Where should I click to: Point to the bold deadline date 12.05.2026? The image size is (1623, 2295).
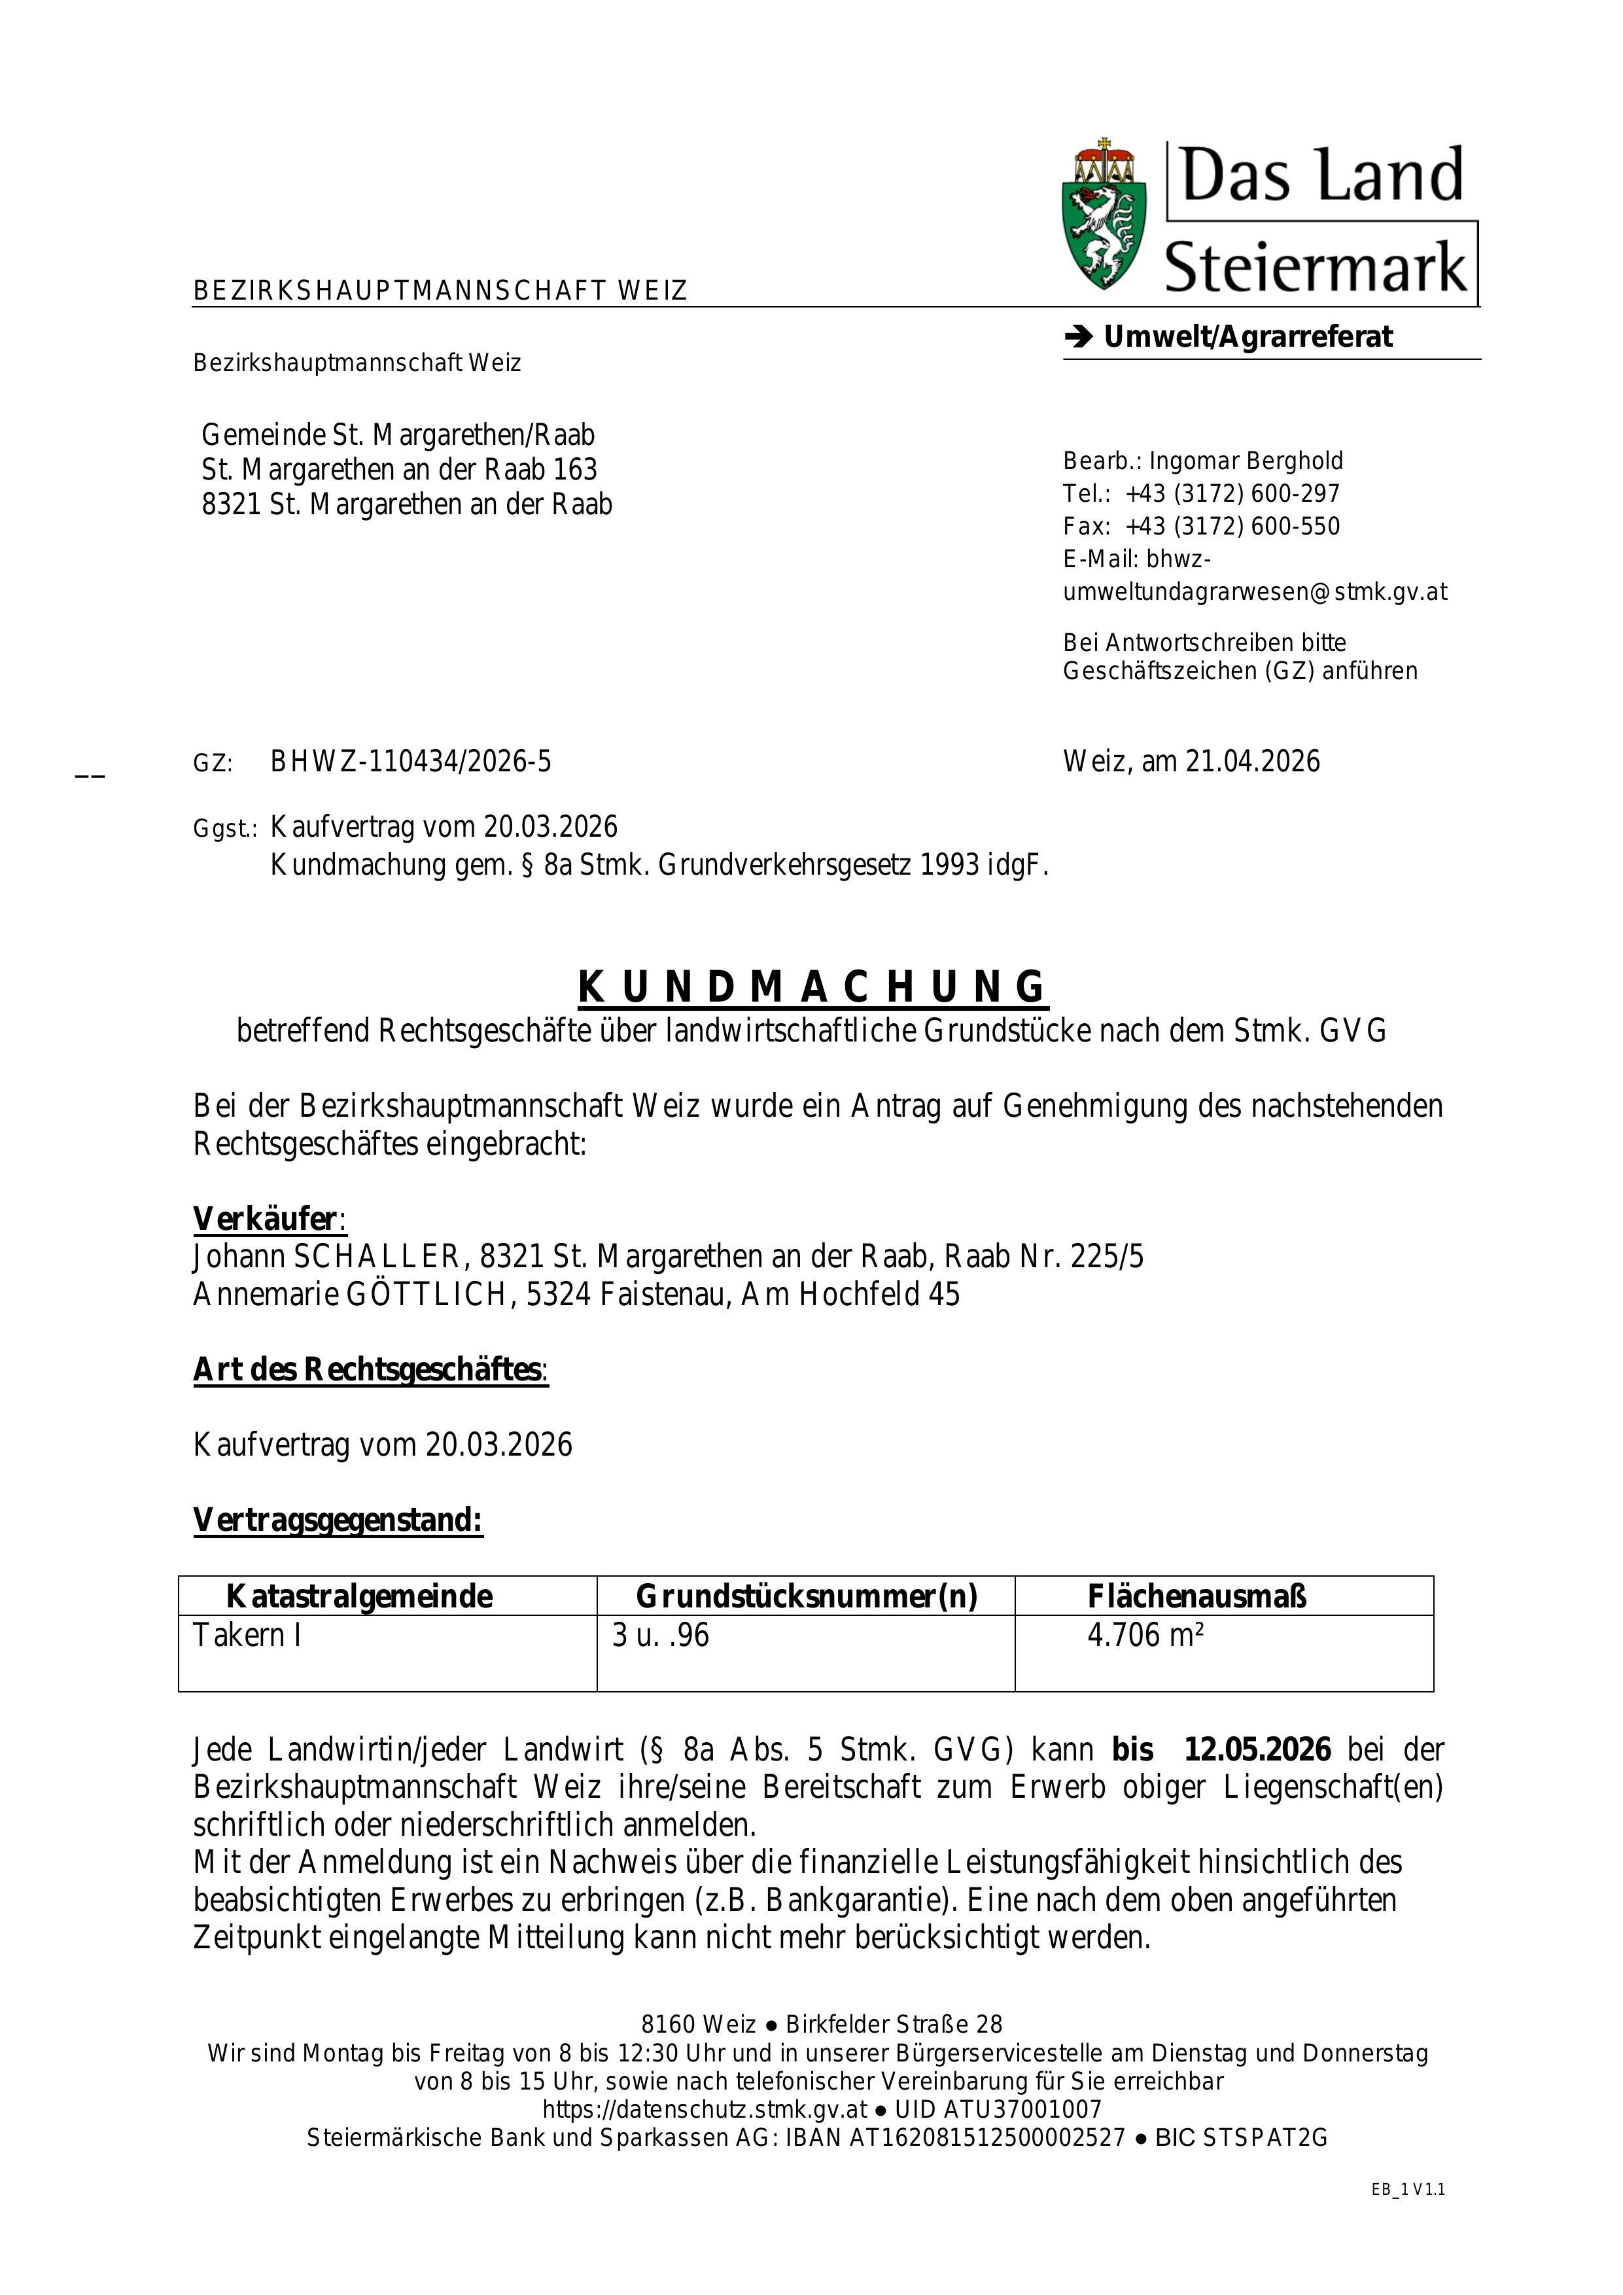click(1257, 1749)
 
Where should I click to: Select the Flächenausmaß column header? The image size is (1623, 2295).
click(1196, 1596)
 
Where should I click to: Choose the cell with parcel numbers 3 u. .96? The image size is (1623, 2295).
click(661, 1636)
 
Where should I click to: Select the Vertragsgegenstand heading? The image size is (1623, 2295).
click(338, 1520)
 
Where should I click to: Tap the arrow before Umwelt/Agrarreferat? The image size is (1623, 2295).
click(1078, 338)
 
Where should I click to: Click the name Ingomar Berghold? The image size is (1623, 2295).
click(1246, 461)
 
